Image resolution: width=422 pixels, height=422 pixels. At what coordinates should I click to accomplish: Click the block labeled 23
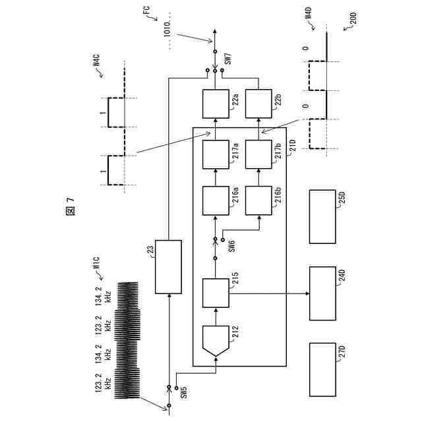(167, 267)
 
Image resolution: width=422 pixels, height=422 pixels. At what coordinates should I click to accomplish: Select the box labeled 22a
(216, 104)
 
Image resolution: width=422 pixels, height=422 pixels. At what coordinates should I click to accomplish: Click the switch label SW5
(184, 390)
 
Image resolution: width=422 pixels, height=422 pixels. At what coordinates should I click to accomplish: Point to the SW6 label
(232, 245)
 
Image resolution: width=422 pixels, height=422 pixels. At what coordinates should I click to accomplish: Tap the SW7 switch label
(228, 58)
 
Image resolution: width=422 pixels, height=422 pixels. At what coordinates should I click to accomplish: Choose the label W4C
(96, 67)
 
